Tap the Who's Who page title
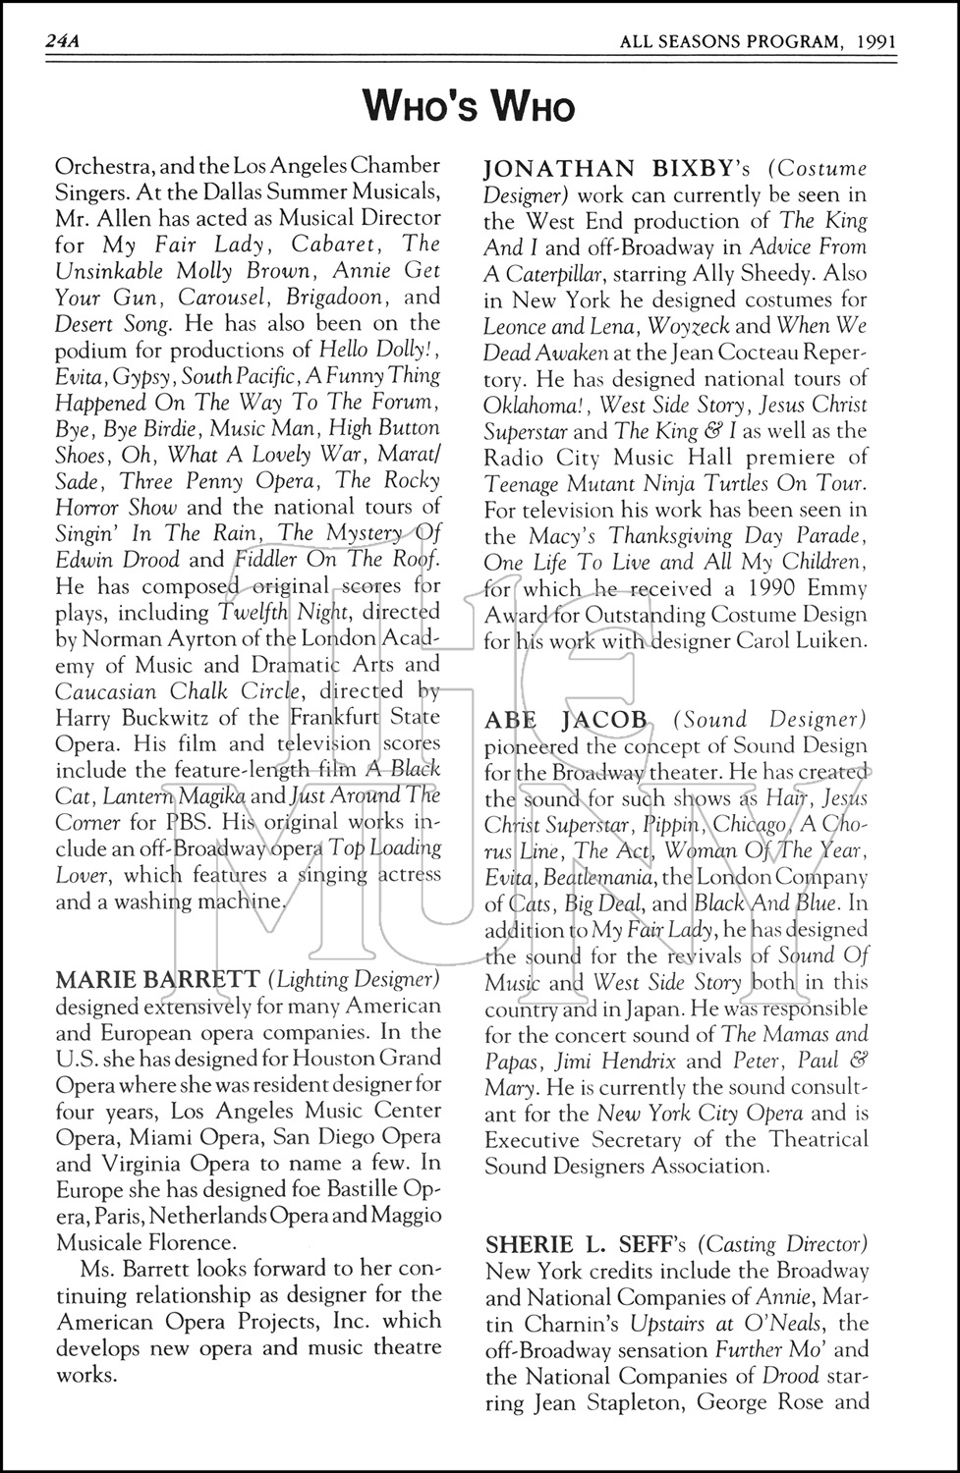click(468, 104)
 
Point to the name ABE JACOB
click(566, 720)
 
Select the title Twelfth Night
click(270, 612)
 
